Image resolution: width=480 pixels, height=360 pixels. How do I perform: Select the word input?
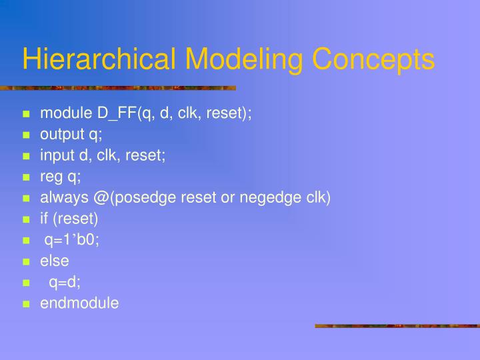(57, 155)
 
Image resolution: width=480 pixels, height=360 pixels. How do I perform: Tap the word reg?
(51, 177)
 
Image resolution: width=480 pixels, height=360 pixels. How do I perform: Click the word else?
(55, 261)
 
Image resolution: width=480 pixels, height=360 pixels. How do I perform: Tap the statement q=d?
(65, 282)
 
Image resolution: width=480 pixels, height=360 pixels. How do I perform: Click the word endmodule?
(79, 303)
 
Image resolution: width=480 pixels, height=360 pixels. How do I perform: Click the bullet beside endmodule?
(27, 304)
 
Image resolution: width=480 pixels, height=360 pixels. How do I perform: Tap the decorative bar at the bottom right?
(397, 326)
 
